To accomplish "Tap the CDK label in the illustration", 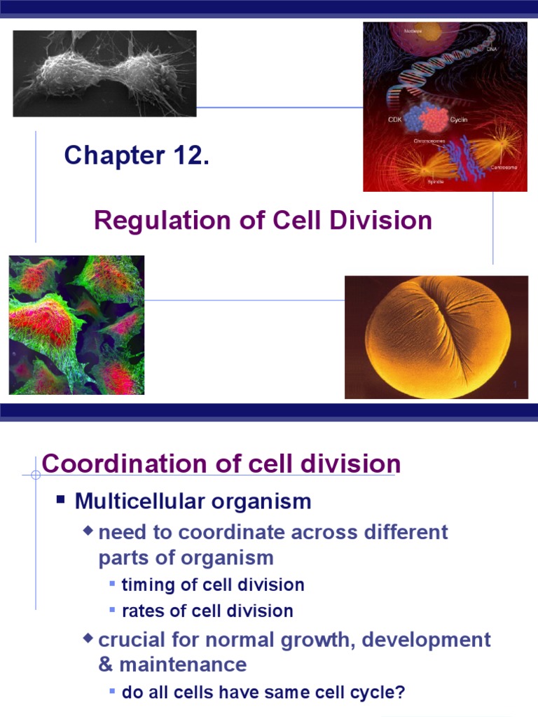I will click(x=396, y=120).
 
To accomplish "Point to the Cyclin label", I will click(x=458, y=120).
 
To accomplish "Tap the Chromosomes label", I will click(x=429, y=140).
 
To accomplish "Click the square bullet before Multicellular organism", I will click(x=61, y=500).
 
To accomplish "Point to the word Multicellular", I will click(x=134, y=501).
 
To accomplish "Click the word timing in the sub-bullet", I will click(x=144, y=585).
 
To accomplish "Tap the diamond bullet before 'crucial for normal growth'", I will click(x=88, y=638).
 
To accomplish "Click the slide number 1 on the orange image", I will click(x=515, y=385).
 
